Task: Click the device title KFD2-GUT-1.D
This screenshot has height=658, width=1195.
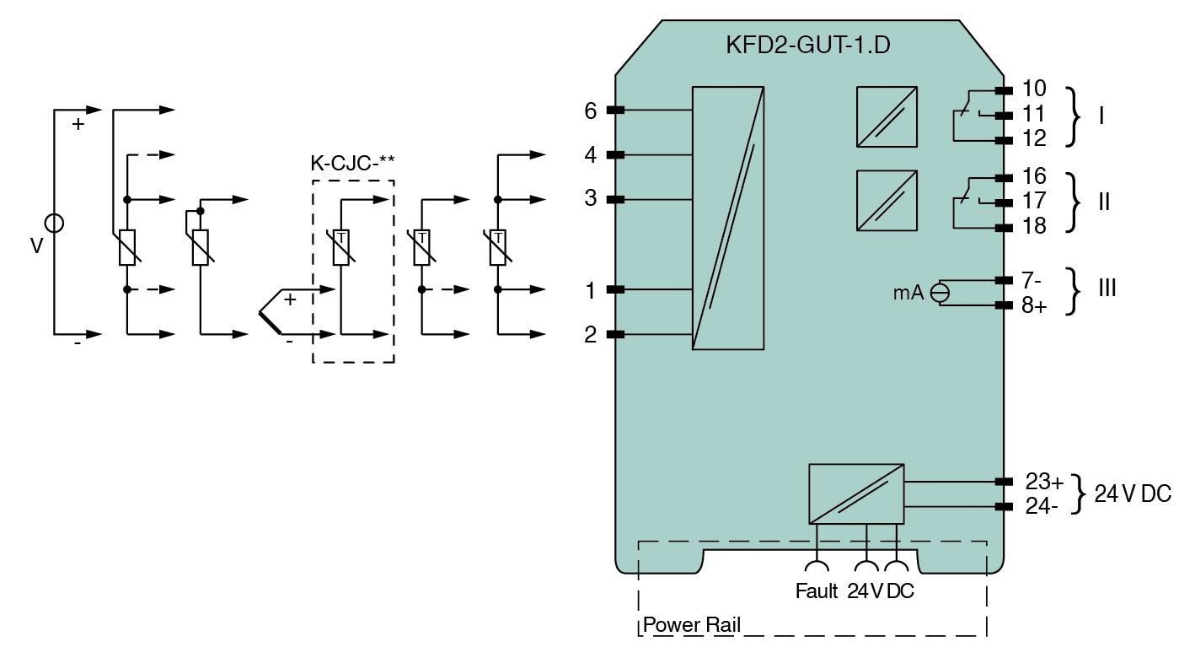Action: [807, 46]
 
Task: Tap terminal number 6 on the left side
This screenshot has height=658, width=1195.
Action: [590, 111]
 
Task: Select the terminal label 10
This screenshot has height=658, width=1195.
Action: [1033, 89]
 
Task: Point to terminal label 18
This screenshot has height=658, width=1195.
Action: [1033, 226]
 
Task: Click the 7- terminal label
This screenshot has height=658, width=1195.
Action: [1032, 279]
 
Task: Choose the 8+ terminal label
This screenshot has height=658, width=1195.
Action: [1034, 305]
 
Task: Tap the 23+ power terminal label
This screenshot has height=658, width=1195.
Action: [1044, 482]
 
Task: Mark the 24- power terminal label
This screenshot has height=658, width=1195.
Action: [1042, 507]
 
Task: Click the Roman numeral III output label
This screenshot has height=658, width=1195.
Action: [1107, 289]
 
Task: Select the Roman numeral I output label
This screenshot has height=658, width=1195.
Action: [1101, 116]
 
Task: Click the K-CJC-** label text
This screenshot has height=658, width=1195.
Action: [353, 162]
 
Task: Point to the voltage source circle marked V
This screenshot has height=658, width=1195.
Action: [54, 224]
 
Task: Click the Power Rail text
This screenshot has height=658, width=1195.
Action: [692, 625]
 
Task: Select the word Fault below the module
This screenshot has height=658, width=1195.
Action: [817, 591]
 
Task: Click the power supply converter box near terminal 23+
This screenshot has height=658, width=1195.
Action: [855, 494]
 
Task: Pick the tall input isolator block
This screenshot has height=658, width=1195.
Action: [727, 218]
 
